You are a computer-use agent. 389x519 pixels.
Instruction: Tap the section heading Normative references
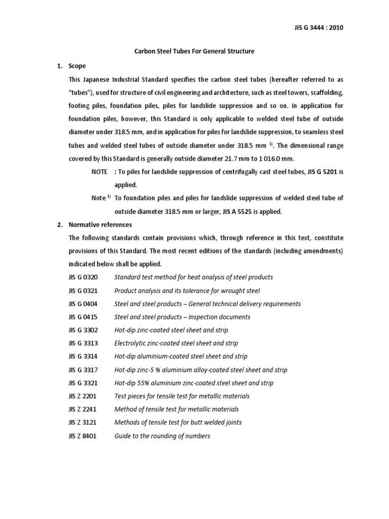coord(100,225)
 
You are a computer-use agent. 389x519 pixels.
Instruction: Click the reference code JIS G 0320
coord(84,277)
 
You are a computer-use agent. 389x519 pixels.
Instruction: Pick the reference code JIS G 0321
coord(84,290)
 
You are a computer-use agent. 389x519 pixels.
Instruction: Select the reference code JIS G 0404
coord(84,304)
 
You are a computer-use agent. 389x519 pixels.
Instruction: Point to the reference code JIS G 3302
coord(84,330)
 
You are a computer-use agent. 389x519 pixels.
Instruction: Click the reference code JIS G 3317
coord(84,369)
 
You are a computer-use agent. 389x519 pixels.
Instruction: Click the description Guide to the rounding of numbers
coord(162,436)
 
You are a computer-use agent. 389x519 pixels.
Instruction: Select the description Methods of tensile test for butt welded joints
coord(178,423)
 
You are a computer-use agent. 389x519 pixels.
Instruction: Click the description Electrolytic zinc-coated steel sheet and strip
coord(179,343)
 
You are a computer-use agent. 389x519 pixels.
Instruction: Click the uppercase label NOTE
coord(100,172)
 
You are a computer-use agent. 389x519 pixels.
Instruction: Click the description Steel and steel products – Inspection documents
coord(182,317)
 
